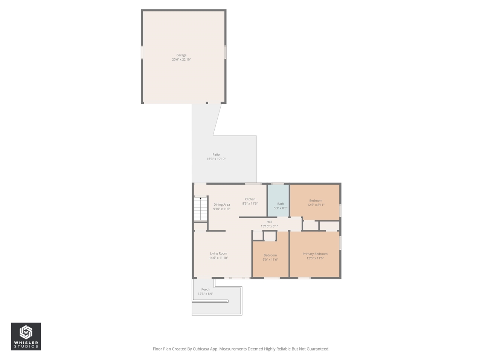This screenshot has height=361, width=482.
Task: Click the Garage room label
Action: pos(182,55)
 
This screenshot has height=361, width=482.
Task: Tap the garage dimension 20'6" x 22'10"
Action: pos(182,60)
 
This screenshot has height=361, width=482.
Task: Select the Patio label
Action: pos(216,155)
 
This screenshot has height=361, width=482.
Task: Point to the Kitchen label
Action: pos(250,199)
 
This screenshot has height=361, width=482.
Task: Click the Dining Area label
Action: pos(222,205)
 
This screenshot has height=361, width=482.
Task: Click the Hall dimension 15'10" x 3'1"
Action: pos(269,226)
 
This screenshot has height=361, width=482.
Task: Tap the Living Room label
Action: pos(218,253)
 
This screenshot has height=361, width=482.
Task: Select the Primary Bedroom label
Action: pos(315,254)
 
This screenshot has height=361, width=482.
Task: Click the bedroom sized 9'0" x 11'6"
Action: pos(270,257)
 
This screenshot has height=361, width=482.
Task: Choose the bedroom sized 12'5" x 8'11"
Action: pos(316,203)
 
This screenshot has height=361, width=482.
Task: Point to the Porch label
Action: pos(205,290)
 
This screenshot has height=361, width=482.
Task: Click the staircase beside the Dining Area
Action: pos(201,209)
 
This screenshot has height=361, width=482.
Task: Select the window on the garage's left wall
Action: pos(142,52)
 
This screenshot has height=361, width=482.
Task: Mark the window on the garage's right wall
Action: pos(226,52)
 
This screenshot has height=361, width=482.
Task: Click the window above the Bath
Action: pos(278,184)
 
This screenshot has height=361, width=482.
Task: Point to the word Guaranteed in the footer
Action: pos(317,349)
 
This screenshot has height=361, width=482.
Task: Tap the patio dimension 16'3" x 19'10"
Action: pos(216,159)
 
